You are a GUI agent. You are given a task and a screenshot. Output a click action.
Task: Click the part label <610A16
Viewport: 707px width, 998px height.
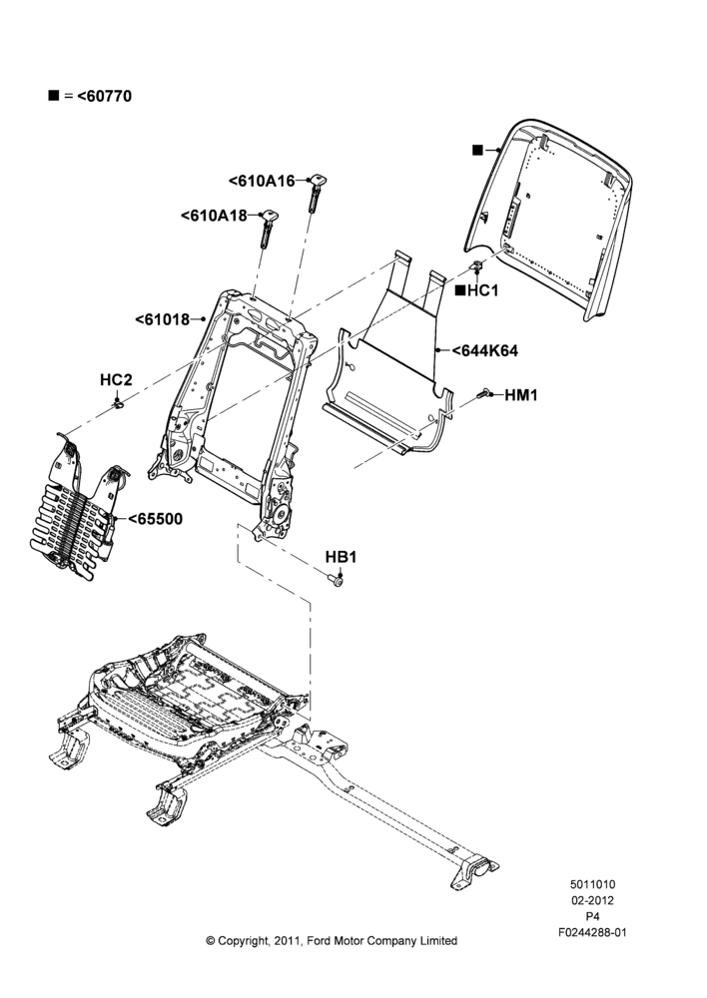262,182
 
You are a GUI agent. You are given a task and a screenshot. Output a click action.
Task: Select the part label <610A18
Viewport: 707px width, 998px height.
214,216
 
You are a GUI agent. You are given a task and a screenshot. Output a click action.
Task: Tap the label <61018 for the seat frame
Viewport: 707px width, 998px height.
163,319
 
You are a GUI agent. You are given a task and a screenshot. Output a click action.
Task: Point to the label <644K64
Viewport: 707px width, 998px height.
484,350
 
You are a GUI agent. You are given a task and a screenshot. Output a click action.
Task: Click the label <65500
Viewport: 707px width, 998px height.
156,519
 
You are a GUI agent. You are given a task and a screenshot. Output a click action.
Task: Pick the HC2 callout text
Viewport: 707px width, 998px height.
116,380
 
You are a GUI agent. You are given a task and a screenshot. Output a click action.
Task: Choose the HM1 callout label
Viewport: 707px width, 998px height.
521,395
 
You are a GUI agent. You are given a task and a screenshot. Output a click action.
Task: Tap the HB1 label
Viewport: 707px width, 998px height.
341,557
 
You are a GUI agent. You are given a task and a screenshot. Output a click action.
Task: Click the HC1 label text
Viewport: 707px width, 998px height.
482,290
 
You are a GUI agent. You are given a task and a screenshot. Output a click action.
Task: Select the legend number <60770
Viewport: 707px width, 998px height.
105,96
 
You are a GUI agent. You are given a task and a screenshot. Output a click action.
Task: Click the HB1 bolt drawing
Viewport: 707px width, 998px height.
336,579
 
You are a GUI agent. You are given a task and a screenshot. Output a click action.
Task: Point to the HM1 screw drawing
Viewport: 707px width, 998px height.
481,394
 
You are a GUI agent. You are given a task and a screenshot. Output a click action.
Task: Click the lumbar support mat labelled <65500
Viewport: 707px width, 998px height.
80,507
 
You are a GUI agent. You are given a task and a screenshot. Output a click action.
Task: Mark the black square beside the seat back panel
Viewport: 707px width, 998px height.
477,151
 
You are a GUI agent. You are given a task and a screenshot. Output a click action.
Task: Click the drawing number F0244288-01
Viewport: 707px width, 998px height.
592,932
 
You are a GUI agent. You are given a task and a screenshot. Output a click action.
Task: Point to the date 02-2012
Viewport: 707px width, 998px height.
592,900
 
